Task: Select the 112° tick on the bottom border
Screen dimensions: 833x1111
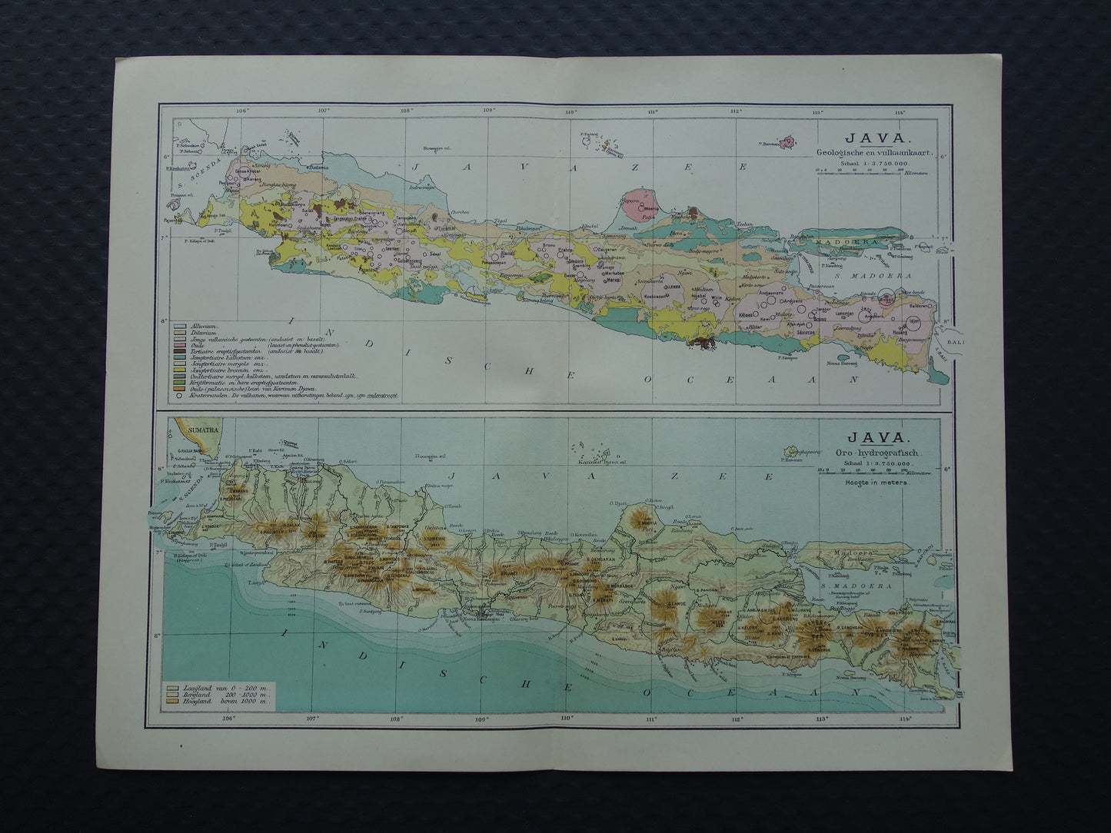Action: tap(737, 719)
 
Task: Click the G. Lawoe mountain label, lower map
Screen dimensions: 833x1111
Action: tap(677, 604)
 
